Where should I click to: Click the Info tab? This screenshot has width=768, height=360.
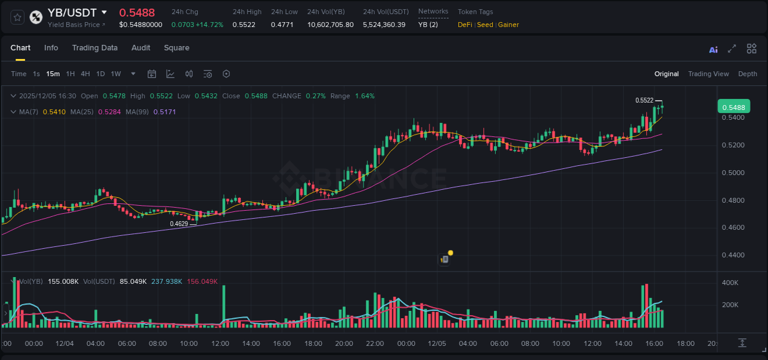[x=51, y=48]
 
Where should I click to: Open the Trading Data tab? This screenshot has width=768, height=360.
[x=95, y=48]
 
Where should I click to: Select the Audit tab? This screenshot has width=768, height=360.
[x=141, y=48]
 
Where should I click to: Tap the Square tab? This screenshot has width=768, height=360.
[x=176, y=48]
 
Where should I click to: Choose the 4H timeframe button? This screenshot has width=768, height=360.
[x=85, y=74]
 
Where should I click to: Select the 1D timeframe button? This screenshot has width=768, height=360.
[x=100, y=74]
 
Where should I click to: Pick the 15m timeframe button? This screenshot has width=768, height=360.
[x=53, y=74]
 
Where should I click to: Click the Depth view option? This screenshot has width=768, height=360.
[x=747, y=74]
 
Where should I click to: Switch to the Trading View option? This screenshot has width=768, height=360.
[x=708, y=74]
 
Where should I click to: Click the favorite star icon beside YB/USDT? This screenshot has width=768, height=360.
[x=17, y=17]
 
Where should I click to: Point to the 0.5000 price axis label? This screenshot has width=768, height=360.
[x=732, y=173]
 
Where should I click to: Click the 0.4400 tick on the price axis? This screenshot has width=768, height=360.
[x=732, y=255]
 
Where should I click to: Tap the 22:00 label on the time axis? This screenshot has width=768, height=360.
[x=374, y=343]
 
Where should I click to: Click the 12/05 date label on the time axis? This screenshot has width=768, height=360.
[x=437, y=343]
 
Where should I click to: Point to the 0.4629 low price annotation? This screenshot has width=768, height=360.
[x=179, y=224]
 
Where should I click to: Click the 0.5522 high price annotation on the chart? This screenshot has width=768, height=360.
[x=644, y=100]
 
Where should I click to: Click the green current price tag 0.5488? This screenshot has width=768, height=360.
[x=733, y=107]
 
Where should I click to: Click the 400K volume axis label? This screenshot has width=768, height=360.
[x=730, y=283]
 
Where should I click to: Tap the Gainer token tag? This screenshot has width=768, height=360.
[x=508, y=25]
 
